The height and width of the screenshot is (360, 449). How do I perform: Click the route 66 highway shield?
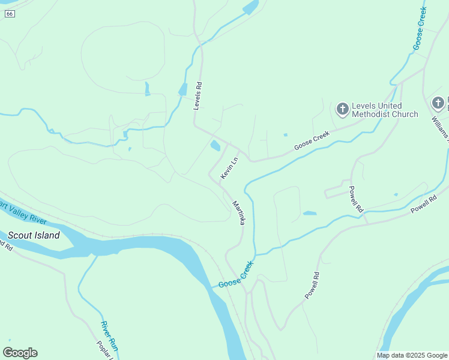click(x=10, y=14)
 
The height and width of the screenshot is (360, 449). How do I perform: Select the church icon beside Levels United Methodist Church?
click(x=342, y=109)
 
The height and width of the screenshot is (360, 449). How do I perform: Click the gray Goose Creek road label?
click(x=312, y=142)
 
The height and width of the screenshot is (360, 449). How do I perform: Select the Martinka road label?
click(x=238, y=212)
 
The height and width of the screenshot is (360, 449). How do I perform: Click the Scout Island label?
click(x=34, y=235)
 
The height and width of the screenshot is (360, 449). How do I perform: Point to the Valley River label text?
click(x=25, y=213)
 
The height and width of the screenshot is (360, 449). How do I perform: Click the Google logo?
click(x=20, y=352)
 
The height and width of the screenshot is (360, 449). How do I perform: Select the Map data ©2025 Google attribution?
click(x=412, y=355)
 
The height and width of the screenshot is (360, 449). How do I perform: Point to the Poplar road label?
click(x=105, y=352)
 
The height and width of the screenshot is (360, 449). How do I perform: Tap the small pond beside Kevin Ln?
click(x=215, y=145)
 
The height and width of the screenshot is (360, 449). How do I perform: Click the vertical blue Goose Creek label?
click(x=420, y=28)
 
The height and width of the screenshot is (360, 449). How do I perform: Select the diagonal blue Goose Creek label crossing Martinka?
click(x=236, y=274)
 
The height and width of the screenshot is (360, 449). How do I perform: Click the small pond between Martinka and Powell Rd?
click(x=310, y=213)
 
